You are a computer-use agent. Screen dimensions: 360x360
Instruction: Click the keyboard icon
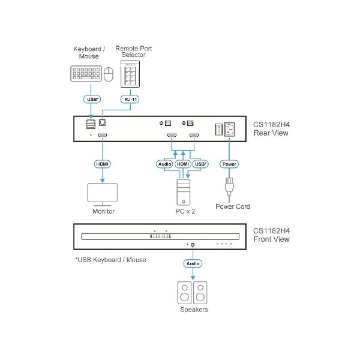click(x=86, y=74)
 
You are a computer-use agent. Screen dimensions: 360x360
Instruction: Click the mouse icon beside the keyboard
click(x=109, y=74)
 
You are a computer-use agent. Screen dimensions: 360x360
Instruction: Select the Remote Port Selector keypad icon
click(x=130, y=75)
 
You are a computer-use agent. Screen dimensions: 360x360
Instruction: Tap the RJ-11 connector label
click(x=130, y=100)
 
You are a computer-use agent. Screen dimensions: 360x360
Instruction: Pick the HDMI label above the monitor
click(x=103, y=163)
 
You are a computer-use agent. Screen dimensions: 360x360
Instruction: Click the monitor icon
click(x=103, y=193)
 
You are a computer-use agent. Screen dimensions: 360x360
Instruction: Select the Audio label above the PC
click(x=164, y=163)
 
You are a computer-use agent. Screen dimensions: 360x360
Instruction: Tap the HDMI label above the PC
click(x=182, y=163)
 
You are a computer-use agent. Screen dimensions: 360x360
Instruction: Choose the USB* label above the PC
click(x=201, y=163)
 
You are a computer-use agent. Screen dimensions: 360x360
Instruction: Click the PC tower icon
click(x=182, y=191)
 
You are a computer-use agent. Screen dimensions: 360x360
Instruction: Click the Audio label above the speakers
click(x=193, y=263)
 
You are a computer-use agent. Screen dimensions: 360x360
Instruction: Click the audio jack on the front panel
click(x=193, y=245)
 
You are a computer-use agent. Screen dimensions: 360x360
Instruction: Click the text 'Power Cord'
click(x=233, y=207)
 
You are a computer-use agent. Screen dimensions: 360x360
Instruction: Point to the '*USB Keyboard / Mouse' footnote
click(x=110, y=260)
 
